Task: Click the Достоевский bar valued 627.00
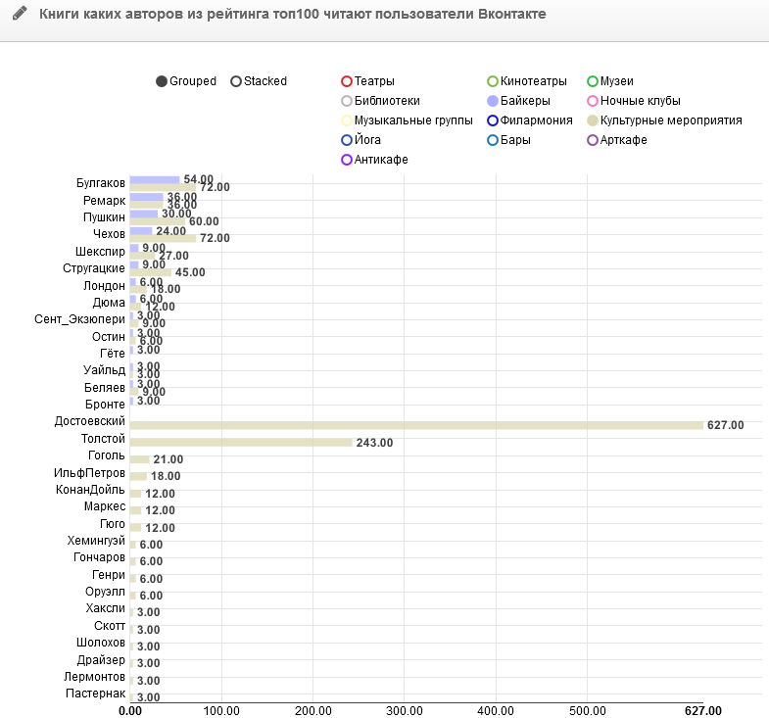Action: (416, 425)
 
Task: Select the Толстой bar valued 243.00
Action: (241, 443)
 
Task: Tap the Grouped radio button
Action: (162, 81)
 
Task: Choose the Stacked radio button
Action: (236, 81)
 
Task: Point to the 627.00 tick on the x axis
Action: (702, 711)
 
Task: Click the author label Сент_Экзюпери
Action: (80, 319)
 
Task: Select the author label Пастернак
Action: (94, 694)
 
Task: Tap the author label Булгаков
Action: (101, 183)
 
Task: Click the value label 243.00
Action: (374, 443)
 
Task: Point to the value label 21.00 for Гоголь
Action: (168, 459)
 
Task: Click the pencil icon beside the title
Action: (20, 15)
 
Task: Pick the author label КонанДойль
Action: (91, 490)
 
